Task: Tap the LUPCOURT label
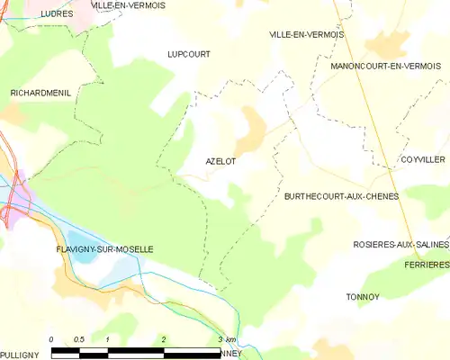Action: point(189,54)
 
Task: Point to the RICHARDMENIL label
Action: point(40,93)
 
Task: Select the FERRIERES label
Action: point(427,265)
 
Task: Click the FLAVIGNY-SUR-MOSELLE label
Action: point(103,248)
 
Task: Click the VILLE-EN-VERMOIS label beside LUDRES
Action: point(128,6)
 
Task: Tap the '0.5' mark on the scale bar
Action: point(79,339)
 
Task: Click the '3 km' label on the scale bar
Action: point(227,339)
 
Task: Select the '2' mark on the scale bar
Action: point(164,339)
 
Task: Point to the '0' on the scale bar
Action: point(51,339)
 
